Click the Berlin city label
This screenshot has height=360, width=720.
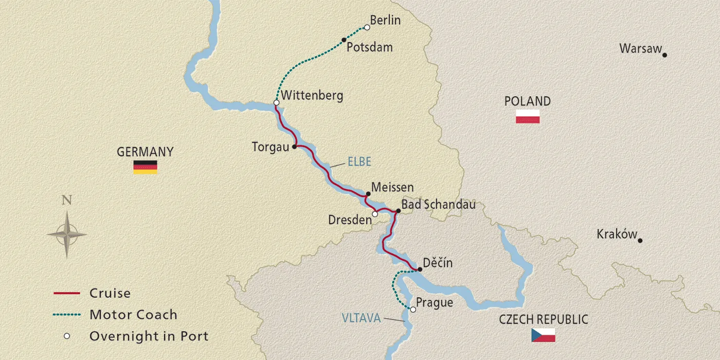(x=385, y=20)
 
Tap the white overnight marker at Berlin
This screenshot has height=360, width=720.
(x=367, y=28)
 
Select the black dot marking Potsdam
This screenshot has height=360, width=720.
(x=344, y=40)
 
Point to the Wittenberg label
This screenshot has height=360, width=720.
(x=312, y=95)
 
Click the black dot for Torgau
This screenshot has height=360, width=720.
(x=294, y=147)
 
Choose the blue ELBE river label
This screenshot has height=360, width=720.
(x=359, y=161)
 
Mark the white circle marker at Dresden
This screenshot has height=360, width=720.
(x=375, y=214)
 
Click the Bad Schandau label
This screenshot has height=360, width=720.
(x=438, y=205)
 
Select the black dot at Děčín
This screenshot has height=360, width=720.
(x=420, y=269)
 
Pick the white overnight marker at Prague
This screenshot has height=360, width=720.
(x=412, y=309)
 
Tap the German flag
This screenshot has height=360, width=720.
(x=145, y=167)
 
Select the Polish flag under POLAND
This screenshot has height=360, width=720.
(x=528, y=117)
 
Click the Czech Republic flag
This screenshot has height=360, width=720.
(x=543, y=335)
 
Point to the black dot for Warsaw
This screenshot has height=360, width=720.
(x=664, y=55)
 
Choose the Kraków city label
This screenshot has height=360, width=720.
(x=617, y=234)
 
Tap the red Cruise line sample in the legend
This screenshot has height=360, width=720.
(x=67, y=293)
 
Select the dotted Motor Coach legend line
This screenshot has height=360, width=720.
(x=67, y=315)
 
